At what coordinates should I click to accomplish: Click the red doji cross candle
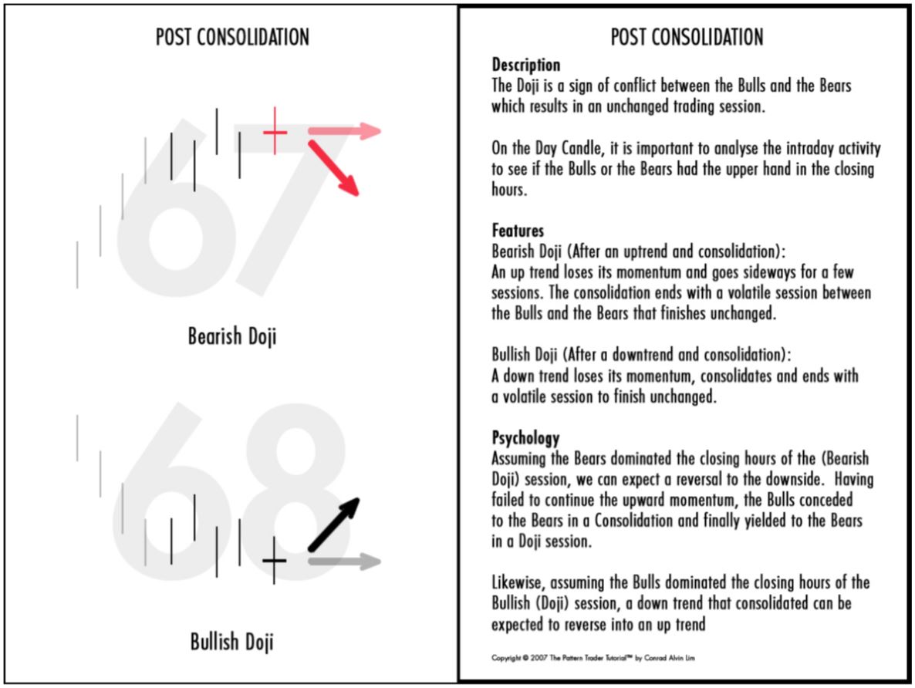(x=275, y=132)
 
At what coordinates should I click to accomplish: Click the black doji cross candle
(x=274, y=561)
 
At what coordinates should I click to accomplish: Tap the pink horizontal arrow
(x=344, y=131)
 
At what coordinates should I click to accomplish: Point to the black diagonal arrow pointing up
(x=334, y=524)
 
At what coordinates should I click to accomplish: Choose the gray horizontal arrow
(x=344, y=562)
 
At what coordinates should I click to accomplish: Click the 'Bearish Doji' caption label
(x=231, y=336)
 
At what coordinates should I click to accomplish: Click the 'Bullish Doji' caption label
(x=231, y=642)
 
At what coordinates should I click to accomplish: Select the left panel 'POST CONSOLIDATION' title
(x=232, y=36)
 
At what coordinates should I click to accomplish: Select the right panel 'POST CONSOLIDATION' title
(x=687, y=36)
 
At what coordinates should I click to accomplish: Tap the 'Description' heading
(x=525, y=65)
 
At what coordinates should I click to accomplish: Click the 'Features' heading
(x=518, y=231)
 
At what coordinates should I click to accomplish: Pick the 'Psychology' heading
(x=525, y=438)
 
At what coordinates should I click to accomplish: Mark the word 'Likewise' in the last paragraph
(x=515, y=582)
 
